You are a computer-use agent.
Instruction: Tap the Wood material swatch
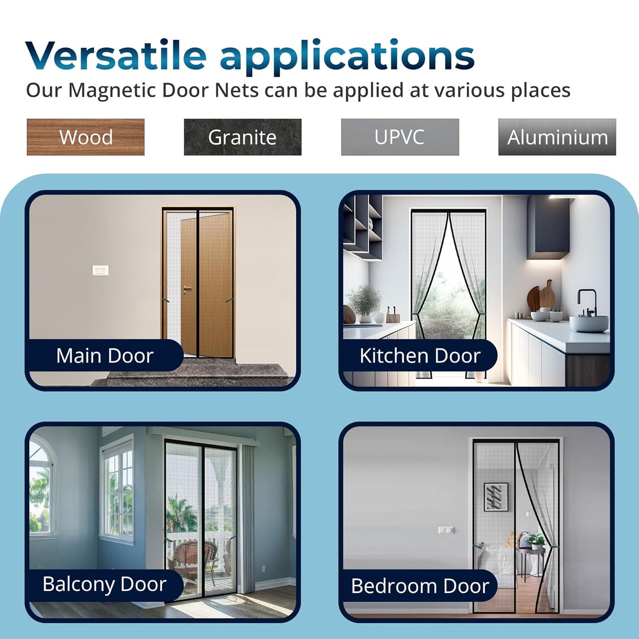click(86, 137)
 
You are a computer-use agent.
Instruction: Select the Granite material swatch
click(242, 137)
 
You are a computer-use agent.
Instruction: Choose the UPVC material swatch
click(400, 137)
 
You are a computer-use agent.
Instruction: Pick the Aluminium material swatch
click(557, 137)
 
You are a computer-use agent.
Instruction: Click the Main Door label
click(105, 356)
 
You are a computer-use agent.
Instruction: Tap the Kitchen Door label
click(420, 356)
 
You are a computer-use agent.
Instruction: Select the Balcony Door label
click(104, 584)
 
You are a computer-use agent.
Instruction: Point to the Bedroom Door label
click(420, 586)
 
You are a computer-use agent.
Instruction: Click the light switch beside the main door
click(101, 270)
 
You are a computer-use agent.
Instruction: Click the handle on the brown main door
click(187, 290)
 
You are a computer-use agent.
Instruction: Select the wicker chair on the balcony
click(193, 559)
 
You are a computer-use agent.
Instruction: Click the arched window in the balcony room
click(42, 486)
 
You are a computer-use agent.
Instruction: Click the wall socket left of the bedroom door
click(446, 530)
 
